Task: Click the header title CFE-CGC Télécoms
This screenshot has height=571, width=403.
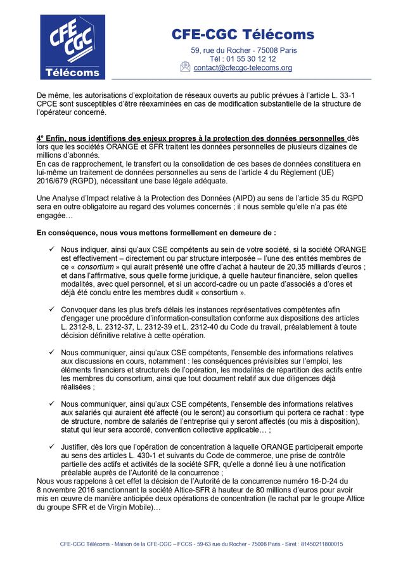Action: coord(243,34)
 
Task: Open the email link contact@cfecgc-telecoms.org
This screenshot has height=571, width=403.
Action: coord(243,68)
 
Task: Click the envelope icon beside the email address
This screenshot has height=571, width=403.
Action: coord(185,67)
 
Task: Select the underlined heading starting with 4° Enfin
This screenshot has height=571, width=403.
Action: coord(191,138)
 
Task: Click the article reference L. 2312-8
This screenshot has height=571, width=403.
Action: coord(77,327)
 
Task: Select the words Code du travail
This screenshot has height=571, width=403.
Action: coord(259,327)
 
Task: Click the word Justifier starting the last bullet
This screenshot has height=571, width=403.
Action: coord(78,446)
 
